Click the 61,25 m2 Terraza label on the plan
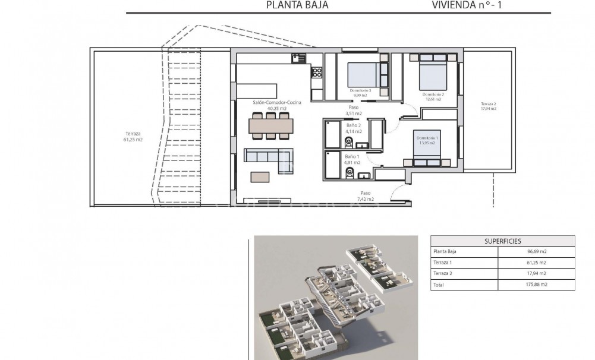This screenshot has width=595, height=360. coord(134,137)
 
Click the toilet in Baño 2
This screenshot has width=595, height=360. coord(350,142)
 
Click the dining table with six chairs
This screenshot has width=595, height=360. coord(271,126)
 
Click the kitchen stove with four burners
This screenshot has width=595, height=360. coord(317,73)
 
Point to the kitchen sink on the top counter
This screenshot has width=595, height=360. coord(298,58)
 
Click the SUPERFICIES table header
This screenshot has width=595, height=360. coord(502,241)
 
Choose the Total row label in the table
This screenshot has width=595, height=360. coord(440,285)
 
